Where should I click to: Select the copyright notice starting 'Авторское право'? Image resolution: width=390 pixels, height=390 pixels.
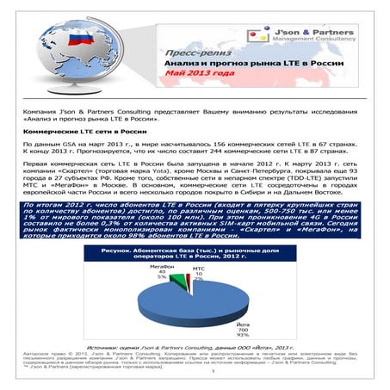(x=195, y=362)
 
